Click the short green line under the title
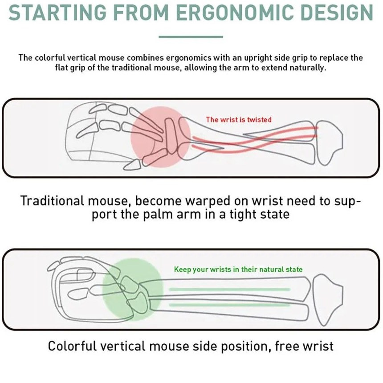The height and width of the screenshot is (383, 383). pyautogui.click(x=191, y=37)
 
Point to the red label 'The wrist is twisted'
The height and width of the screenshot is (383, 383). pyautogui.click(x=238, y=119)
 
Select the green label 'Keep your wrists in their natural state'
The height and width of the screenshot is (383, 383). pyautogui.click(x=238, y=269)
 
